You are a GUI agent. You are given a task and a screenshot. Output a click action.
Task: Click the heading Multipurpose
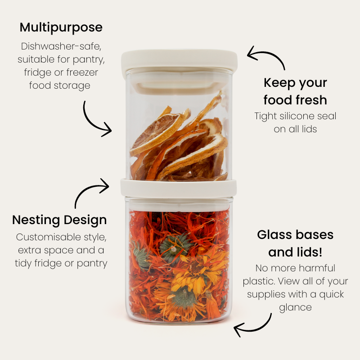click(x=61, y=27)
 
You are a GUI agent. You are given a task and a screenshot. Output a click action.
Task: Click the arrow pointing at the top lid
click(x=265, y=57)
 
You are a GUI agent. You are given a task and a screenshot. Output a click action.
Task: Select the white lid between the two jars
click(x=178, y=187)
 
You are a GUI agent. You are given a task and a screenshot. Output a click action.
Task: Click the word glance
click(x=295, y=307)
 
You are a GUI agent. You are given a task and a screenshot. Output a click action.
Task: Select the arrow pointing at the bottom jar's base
click(x=254, y=326)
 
